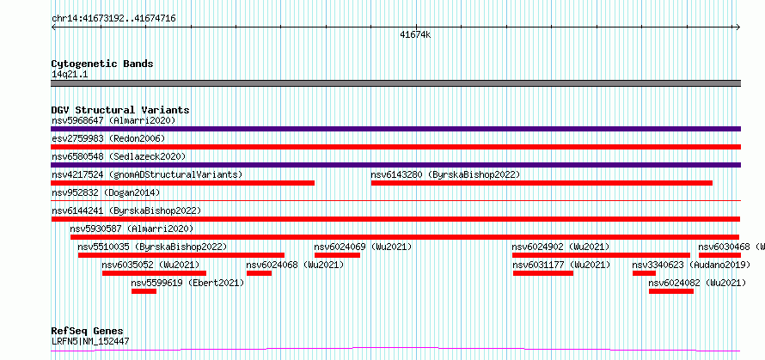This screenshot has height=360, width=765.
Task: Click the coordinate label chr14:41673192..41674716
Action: point(113,19)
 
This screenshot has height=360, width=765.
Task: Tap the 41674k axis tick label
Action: point(415,34)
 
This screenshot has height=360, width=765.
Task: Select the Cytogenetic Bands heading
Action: point(102,64)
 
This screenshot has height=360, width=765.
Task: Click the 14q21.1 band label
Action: point(70,75)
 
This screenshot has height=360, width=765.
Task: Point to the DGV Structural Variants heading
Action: point(120,110)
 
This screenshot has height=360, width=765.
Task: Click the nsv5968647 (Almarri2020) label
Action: point(113,120)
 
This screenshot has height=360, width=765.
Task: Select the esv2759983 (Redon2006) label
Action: point(108,138)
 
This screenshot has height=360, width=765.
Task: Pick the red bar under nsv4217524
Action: point(183,183)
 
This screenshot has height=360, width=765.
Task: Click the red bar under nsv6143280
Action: point(542,183)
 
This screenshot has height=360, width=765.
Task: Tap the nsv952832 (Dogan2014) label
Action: point(106,192)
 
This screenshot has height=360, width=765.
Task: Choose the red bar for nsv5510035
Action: point(181,255)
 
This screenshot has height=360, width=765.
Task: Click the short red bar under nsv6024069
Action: point(337,255)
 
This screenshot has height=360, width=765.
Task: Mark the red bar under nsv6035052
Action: point(154,273)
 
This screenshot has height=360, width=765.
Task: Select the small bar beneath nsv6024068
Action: point(259,273)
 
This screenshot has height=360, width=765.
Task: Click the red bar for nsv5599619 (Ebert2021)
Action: point(144,291)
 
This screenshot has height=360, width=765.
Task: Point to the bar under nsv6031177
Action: point(543,273)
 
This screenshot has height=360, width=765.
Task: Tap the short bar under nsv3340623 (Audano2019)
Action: point(644,273)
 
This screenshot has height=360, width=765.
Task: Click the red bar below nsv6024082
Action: point(670,291)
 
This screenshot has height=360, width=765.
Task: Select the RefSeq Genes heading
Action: point(88,332)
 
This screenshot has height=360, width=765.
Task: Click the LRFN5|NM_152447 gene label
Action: point(90,341)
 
